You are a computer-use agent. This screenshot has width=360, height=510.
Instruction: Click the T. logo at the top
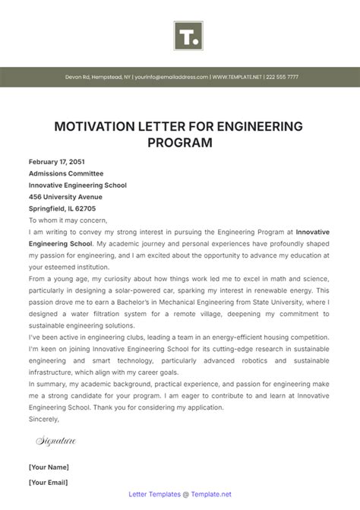click(186, 36)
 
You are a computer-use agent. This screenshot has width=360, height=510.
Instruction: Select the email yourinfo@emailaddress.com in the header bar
click(172, 77)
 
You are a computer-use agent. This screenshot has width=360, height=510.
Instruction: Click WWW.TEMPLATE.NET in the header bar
click(236, 77)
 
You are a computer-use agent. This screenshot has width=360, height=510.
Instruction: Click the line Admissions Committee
click(67, 173)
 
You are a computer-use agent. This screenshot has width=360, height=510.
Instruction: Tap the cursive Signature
click(55, 441)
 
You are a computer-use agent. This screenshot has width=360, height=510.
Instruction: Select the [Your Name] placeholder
click(49, 467)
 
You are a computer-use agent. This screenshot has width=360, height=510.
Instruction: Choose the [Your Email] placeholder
click(49, 482)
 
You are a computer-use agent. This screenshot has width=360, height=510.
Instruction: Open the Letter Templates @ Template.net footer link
click(180, 494)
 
